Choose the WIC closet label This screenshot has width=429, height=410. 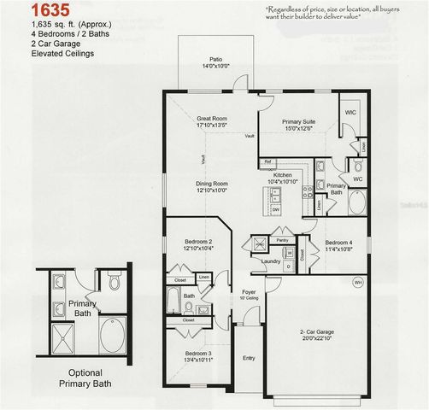pyautogui.click(x=350, y=112)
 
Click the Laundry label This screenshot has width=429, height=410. pyautogui.click(x=272, y=261)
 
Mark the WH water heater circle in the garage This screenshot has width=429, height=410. pyautogui.click(x=358, y=281)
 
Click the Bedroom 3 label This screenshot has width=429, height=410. pyautogui.click(x=197, y=354)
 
